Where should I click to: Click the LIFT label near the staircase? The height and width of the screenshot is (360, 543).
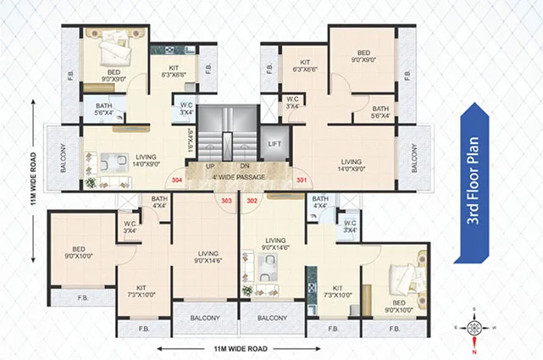pos(274,144)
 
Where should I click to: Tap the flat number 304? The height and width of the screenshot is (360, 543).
pos(176,181)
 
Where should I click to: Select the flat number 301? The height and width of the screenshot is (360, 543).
pos(302,181)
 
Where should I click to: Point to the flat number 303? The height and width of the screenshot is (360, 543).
pos(226,201)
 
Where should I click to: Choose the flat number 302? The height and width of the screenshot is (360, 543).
pos(252,201)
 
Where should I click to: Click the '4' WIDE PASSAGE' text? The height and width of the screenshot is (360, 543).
pos(238,176)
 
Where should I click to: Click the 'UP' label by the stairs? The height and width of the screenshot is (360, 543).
pos(209,167)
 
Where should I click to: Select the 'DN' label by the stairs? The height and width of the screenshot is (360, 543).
pos(244,167)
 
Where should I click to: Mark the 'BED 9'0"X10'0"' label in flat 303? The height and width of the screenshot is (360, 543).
pos(82,252)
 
